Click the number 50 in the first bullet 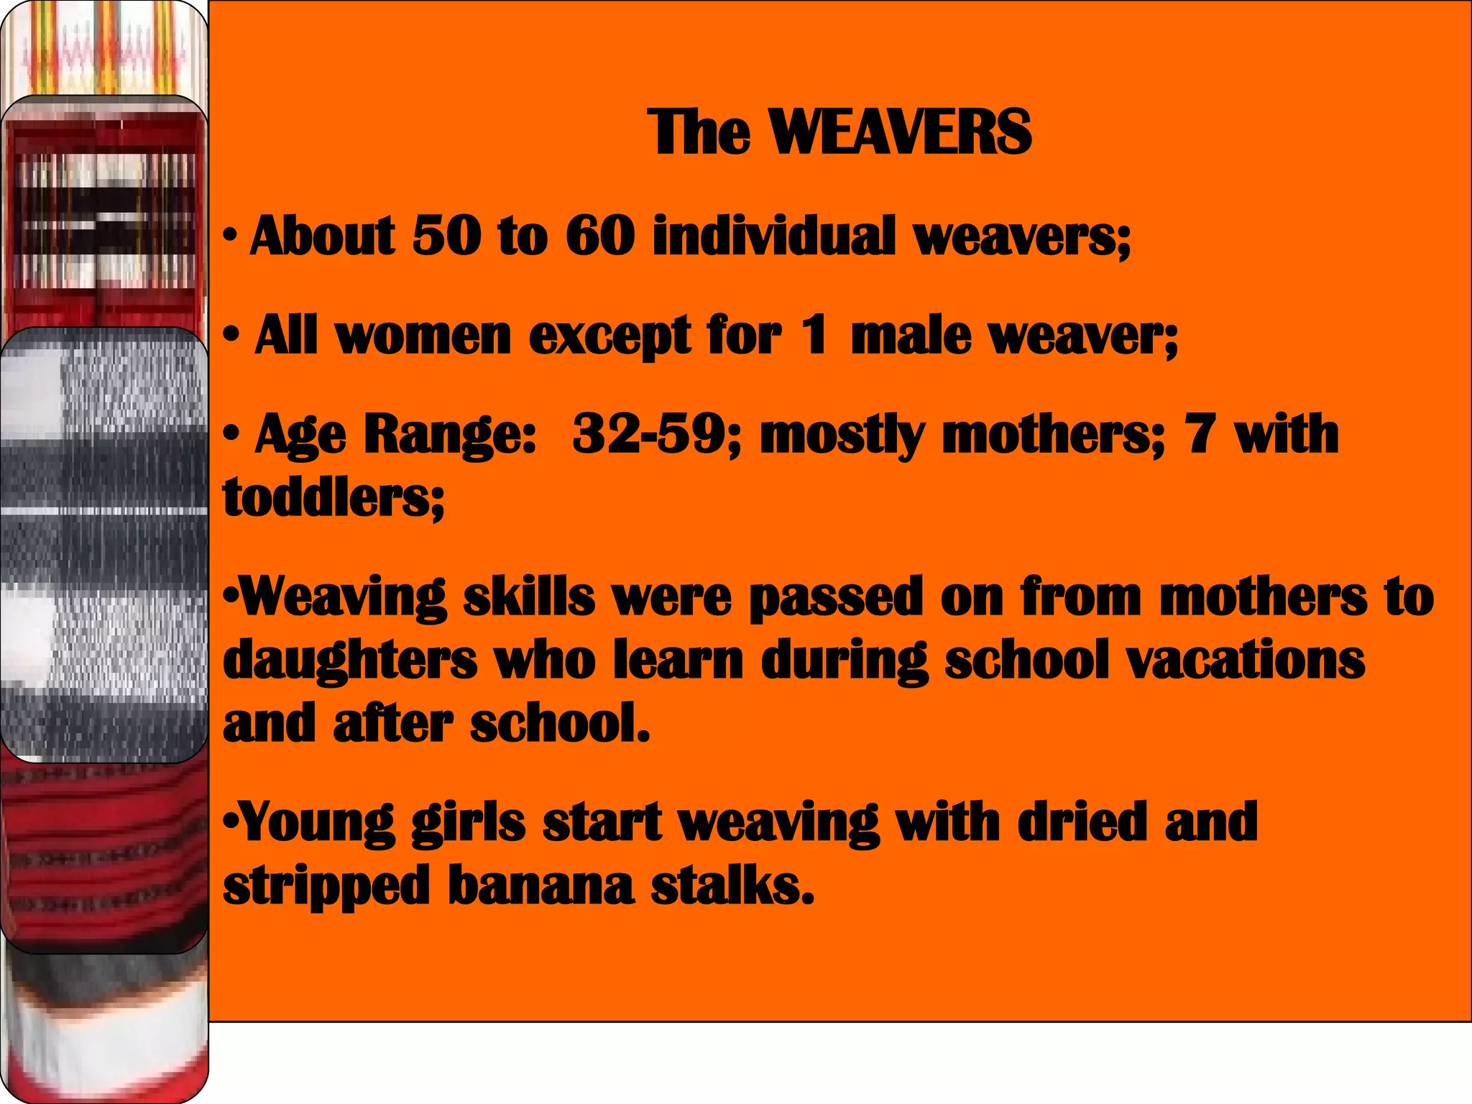pyautogui.click(x=446, y=236)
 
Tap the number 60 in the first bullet pyautogui.click(x=600, y=236)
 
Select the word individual pyautogui.click(x=774, y=236)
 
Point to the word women pyautogui.click(x=423, y=336)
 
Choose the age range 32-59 pyautogui.click(x=648, y=434)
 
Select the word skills pyautogui.click(x=529, y=597)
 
